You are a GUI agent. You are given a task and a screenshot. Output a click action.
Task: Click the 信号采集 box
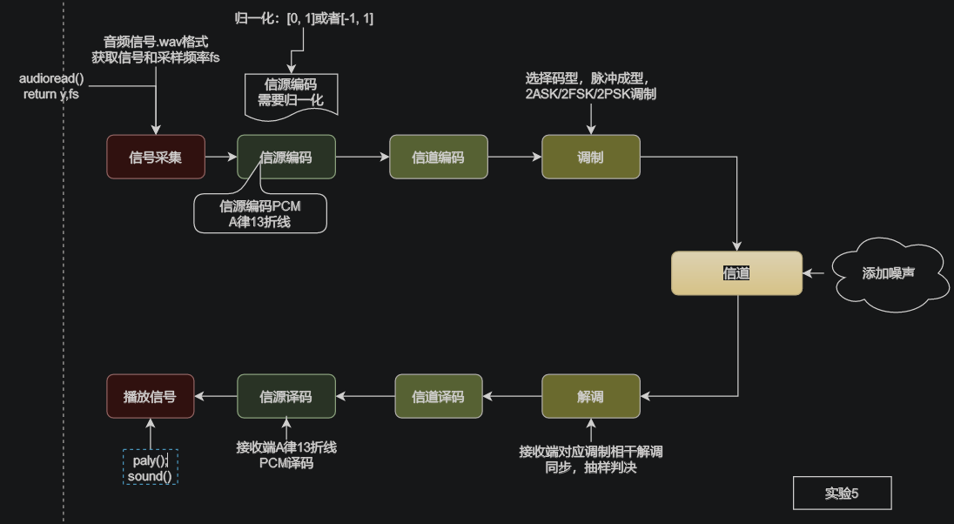click(x=156, y=157)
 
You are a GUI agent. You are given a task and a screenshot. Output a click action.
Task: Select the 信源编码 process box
click(x=286, y=157)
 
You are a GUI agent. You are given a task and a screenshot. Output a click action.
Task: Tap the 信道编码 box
click(x=439, y=157)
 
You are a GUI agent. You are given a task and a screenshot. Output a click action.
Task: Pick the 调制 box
click(x=590, y=157)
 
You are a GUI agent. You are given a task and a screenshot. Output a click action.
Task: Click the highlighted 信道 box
click(x=736, y=273)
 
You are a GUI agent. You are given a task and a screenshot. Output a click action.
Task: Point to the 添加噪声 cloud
click(x=889, y=273)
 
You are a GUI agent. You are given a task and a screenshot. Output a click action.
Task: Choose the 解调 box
click(x=590, y=396)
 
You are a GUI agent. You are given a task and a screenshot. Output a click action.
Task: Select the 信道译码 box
click(x=439, y=396)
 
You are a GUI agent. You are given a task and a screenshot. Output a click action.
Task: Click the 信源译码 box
click(x=286, y=396)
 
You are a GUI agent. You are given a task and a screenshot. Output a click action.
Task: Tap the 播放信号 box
click(x=151, y=396)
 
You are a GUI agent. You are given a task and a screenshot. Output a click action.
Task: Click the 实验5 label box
click(x=842, y=494)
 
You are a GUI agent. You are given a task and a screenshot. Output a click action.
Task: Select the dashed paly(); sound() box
click(x=151, y=467)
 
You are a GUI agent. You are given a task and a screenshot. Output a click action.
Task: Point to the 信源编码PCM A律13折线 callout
click(x=260, y=213)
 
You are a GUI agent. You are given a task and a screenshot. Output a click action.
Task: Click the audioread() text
click(x=50, y=78)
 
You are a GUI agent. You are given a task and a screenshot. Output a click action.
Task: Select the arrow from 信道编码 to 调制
click(x=514, y=157)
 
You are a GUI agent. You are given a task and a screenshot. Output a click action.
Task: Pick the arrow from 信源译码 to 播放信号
click(x=216, y=396)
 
